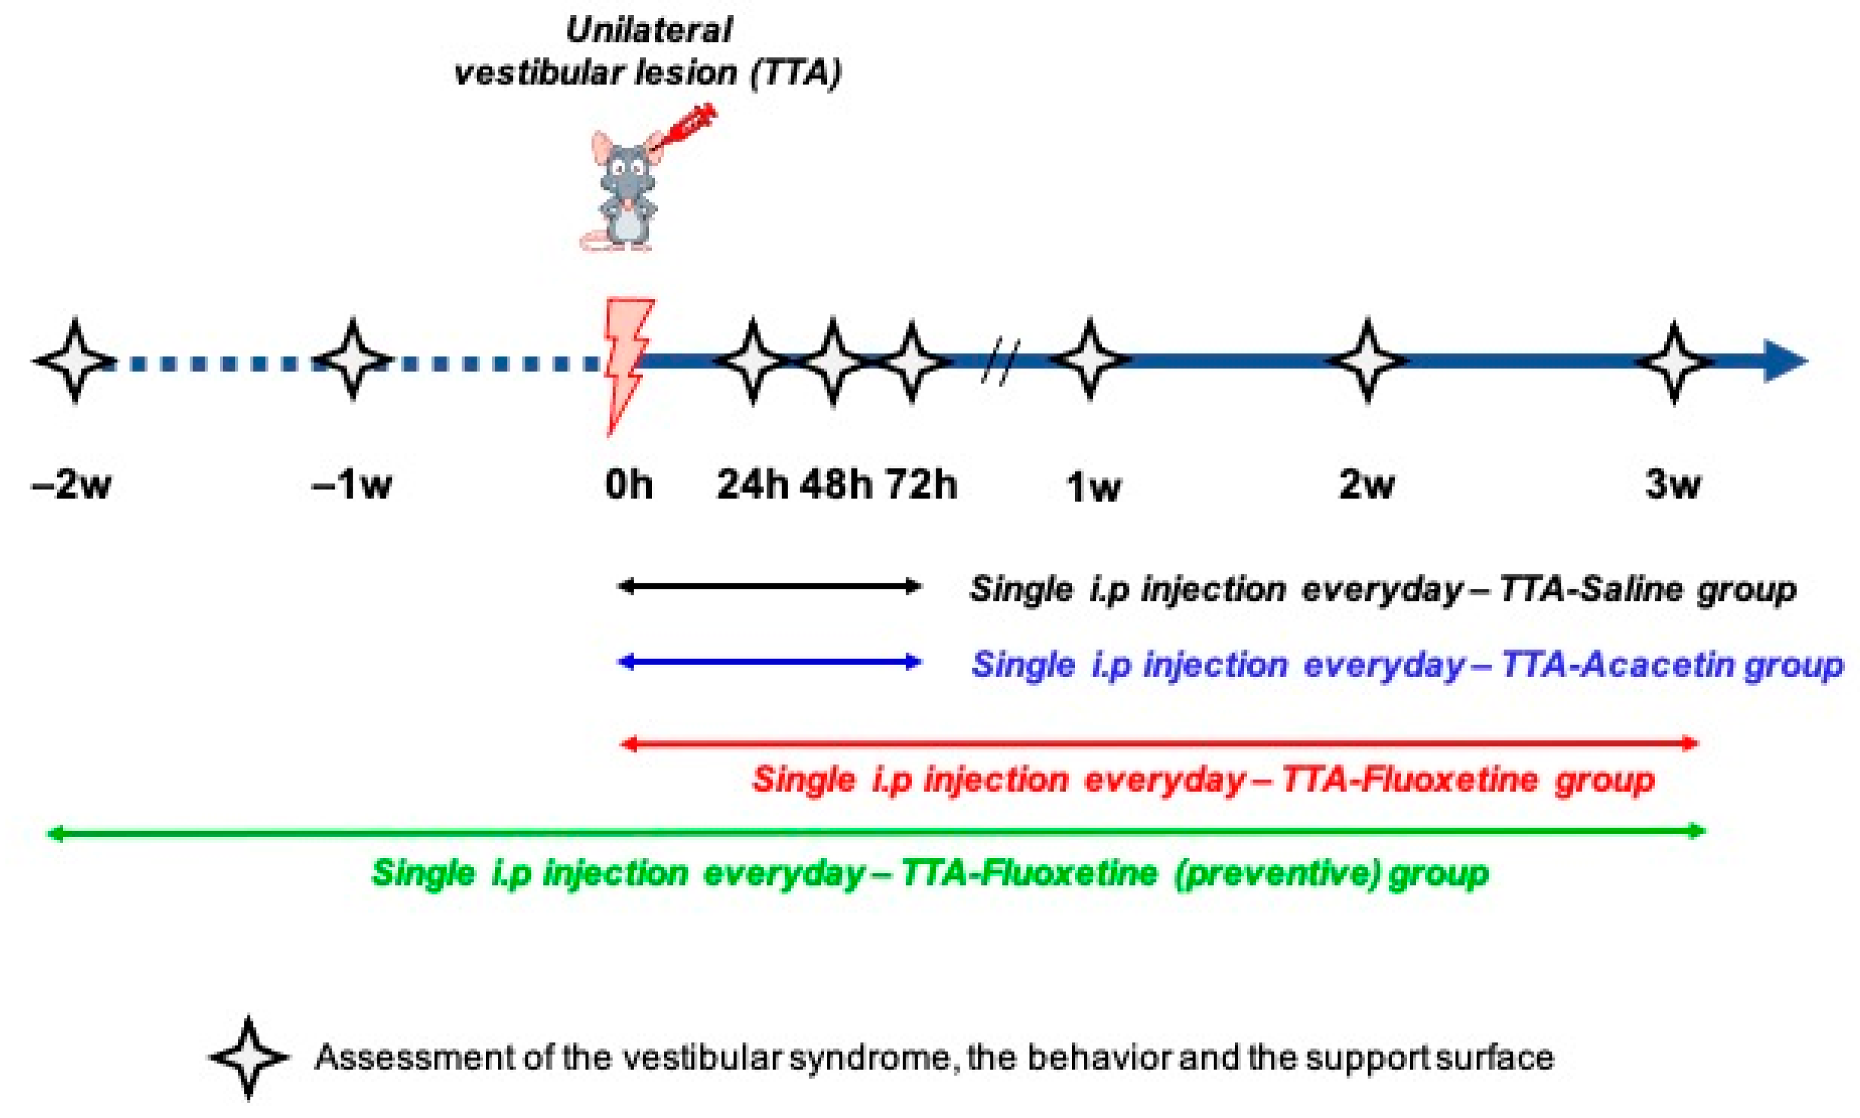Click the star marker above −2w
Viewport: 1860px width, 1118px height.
74,361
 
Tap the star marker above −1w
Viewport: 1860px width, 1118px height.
353,359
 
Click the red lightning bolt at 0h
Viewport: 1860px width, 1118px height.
627,362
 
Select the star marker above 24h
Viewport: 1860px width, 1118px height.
752,361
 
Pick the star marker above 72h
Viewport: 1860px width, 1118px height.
912,361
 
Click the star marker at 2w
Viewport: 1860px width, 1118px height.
1368,361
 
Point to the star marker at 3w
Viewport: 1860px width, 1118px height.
1673,362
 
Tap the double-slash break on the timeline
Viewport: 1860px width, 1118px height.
1001,362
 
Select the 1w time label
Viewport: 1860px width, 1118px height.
1093,487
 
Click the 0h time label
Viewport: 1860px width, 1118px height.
629,484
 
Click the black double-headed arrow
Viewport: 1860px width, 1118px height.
769,586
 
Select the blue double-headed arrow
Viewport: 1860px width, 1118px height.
769,662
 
